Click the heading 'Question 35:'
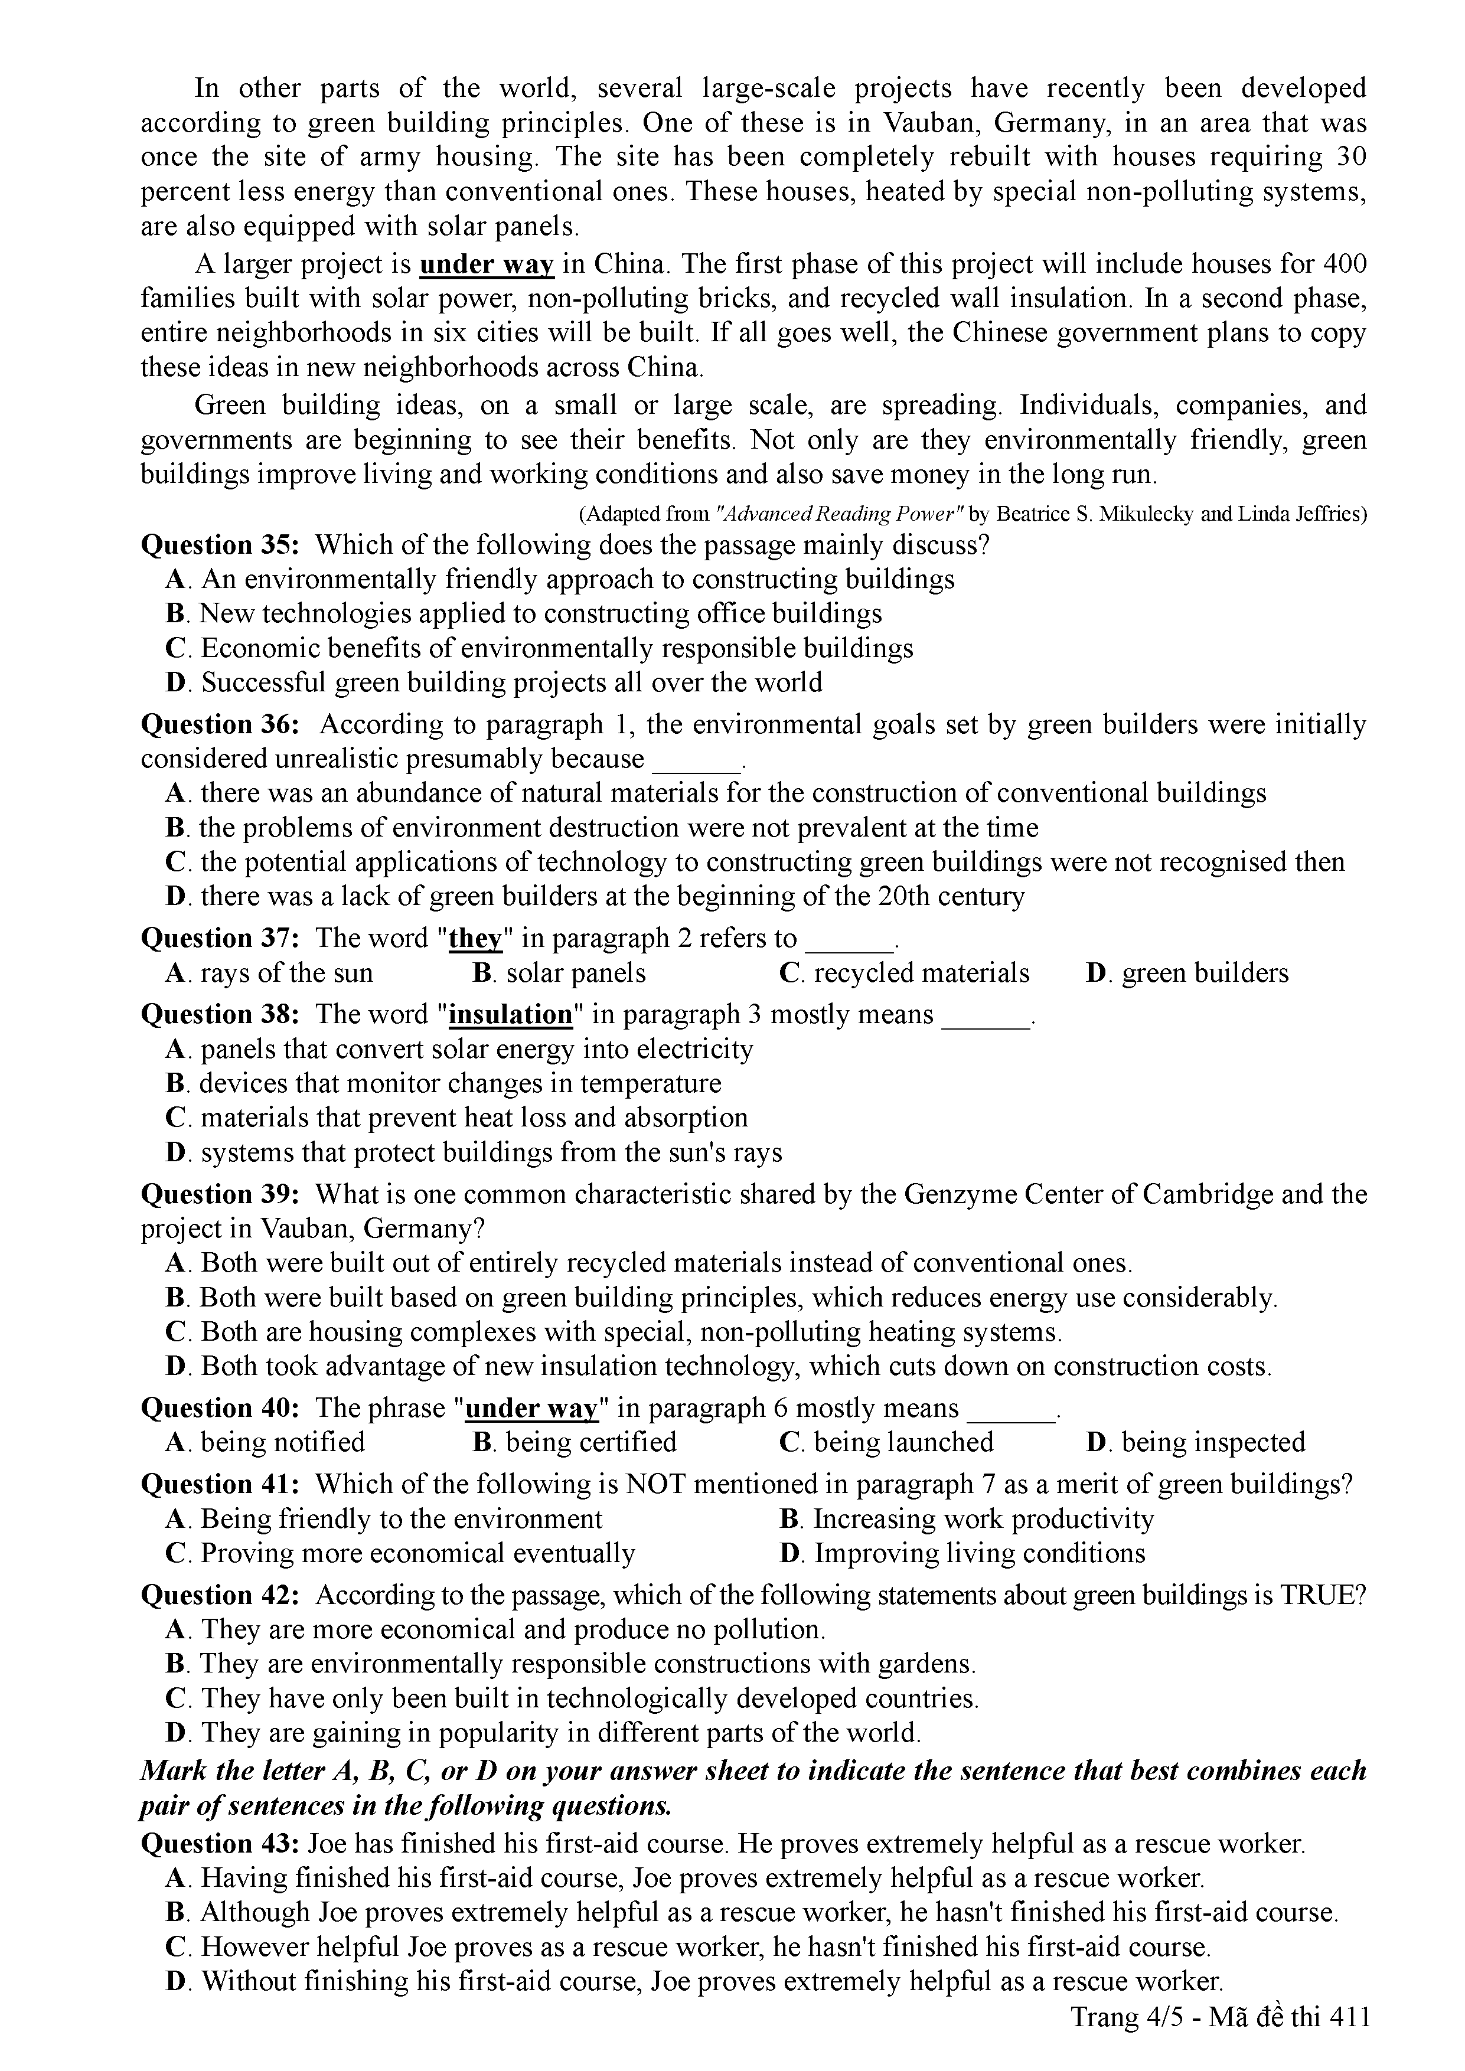[x=220, y=545]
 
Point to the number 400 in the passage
[x=1344, y=264]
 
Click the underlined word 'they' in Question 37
[x=475, y=939]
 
